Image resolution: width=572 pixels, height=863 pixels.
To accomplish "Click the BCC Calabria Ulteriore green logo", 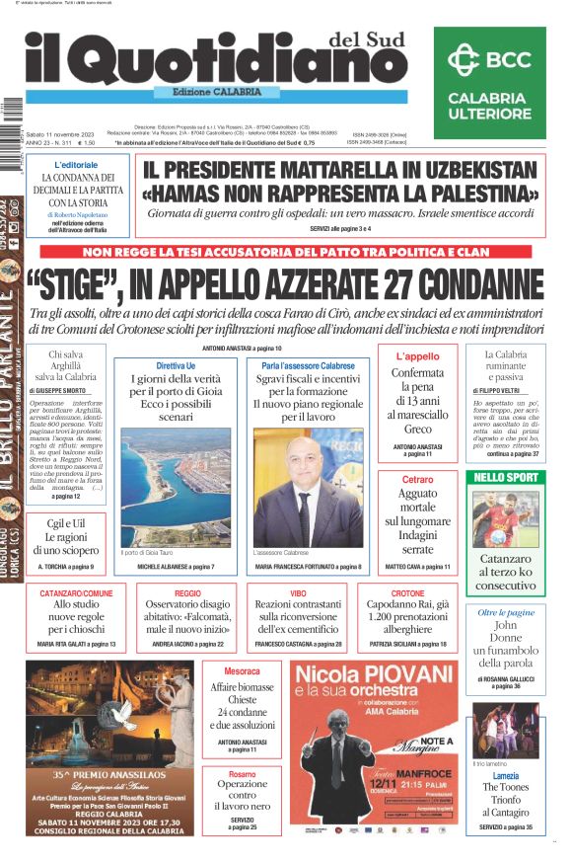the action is [x=487, y=83].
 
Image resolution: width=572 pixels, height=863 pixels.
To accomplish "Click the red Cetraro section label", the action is [x=418, y=479].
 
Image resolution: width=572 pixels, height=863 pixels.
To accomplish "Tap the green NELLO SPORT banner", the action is [x=506, y=478].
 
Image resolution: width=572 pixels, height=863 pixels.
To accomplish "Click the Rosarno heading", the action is [x=242, y=774].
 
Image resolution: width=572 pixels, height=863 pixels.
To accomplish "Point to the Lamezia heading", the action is [x=506, y=775].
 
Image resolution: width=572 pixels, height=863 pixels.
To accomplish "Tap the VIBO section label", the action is [x=298, y=593].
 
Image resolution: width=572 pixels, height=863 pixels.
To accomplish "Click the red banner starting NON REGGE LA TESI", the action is [x=285, y=253].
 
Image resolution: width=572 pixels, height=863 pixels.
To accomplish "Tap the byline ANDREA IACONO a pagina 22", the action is [x=187, y=644].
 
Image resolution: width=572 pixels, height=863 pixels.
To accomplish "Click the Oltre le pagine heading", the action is [x=505, y=612].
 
